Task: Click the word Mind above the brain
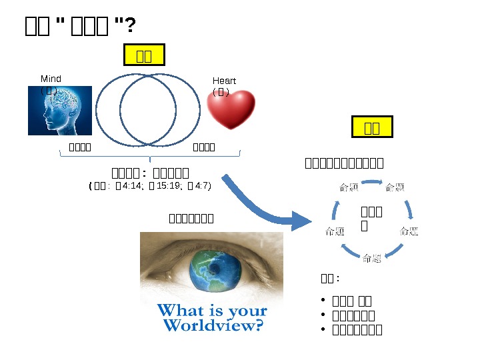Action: click(x=51, y=79)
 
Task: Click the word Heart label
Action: click(x=224, y=81)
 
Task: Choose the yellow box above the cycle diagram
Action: click(x=372, y=127)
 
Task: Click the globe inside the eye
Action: click(x=213, y=273)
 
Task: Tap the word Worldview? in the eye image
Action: click(x=213, y=325)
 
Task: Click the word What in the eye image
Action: click(x=179, y=310)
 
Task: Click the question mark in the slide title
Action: click(x=131, y=26)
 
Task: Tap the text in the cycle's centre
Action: click(x=371, y=219)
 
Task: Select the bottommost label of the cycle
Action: click(x=372, y=259)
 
